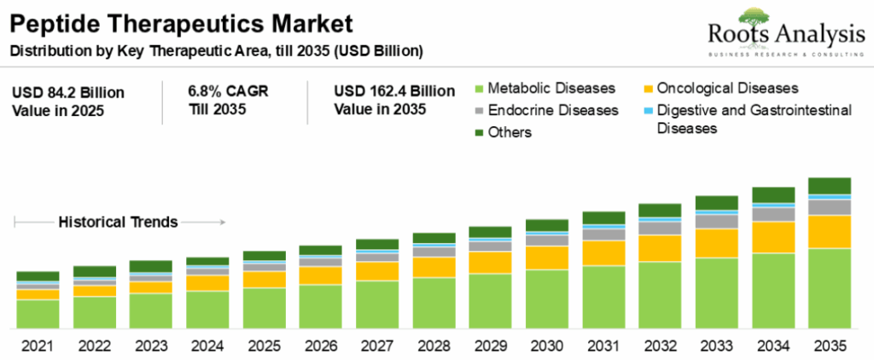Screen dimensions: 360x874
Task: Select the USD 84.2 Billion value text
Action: [68, 91]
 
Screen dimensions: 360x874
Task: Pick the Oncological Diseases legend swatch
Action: [649, 89]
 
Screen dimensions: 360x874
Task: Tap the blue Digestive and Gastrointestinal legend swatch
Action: [649, 111]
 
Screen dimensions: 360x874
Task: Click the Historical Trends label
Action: [118, 222]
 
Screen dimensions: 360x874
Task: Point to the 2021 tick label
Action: [37, 346]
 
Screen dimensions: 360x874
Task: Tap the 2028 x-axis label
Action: [434, 346]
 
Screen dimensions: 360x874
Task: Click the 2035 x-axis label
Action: [830, 346]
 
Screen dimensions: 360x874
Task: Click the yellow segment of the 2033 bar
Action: [716, 243]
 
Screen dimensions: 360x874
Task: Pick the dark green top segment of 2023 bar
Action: [150, 266]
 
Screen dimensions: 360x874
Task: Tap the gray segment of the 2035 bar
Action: [830, 207]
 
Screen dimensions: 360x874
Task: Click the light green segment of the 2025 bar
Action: [264, 308]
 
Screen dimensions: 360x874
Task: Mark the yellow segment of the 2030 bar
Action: [546, 258]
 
